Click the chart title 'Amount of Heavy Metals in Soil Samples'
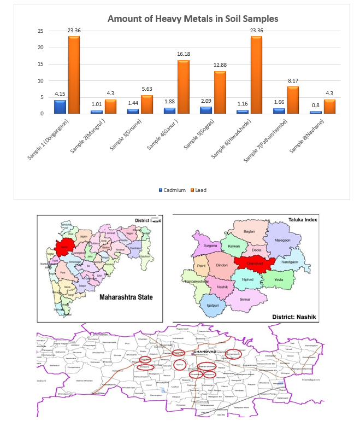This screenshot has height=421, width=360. tap(192, 19)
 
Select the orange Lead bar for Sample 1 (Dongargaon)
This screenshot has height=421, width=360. tap(74, 75)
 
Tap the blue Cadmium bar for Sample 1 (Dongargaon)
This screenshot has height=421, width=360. tap(60, 107)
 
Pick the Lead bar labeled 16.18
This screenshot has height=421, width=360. tap(183, 87)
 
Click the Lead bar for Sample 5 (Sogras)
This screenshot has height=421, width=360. tap(220, 92)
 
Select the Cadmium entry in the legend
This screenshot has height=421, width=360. tap(172, 190)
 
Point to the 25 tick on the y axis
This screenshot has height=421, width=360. tap(40, 31)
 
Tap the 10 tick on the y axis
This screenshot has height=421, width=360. tap(40, 80)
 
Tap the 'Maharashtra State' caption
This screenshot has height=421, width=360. tap(126, 298)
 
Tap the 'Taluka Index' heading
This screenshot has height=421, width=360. tap(303, 219)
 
